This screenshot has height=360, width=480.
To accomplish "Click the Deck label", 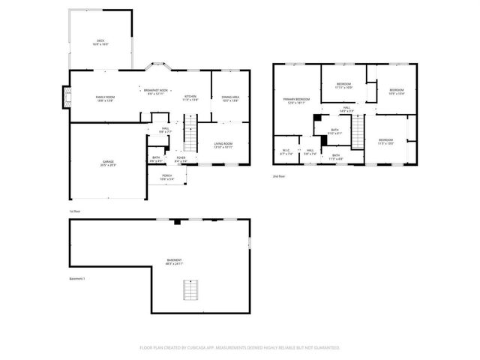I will click(x=100, y=42).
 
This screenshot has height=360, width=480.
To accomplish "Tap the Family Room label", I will click(x=105, y=99).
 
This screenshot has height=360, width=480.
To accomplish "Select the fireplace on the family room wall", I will click(x=65, y=96).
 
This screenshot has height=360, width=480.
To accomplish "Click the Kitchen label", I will click(x=190, y=97).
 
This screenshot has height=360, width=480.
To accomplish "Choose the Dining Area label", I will click(x=230, y=97).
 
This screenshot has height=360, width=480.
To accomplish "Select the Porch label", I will click(x=166, y=178).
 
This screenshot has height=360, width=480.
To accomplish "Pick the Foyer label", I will click(x=181, y=159).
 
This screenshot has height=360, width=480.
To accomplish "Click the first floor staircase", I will click(x=193, y=136).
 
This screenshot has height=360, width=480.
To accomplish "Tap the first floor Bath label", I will click(x=156, y=159).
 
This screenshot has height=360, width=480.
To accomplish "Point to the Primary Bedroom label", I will click(x=296, y=101).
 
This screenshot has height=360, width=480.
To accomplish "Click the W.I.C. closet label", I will click(x=286, y=153).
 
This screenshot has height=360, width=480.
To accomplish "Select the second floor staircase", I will click(x=358, y=133).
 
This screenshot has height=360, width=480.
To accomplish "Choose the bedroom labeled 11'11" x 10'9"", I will click(x=343, y=85).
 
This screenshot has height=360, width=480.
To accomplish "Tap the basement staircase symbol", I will click(x=193, y=289).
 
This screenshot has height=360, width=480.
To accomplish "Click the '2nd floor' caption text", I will click(x=280, y=176).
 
